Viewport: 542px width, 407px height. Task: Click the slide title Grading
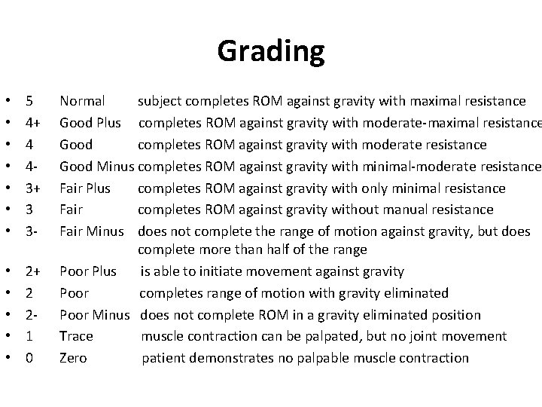coord(271,51)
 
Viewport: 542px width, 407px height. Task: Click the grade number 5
coord(29,101)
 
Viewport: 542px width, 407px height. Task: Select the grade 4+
coord(32,123)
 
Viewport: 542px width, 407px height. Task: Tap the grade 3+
coord(32,188)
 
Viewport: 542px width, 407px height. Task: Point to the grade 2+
coord(32,271)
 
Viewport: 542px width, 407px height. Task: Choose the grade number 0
coord(29,358)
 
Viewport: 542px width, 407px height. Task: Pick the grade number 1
coord(29,336)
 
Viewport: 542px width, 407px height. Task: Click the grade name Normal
coord(82,101)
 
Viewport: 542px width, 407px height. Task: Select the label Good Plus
coord(90,123)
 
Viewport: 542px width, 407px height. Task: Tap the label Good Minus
coord(97,167)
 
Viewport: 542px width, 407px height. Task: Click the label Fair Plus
coord(85,188)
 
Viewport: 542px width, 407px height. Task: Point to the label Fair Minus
coord(91,231)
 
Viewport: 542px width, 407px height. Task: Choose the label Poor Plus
coord(88,271)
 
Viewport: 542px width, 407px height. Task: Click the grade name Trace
coord(76,336)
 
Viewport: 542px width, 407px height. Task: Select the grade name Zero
coord(73,358)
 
